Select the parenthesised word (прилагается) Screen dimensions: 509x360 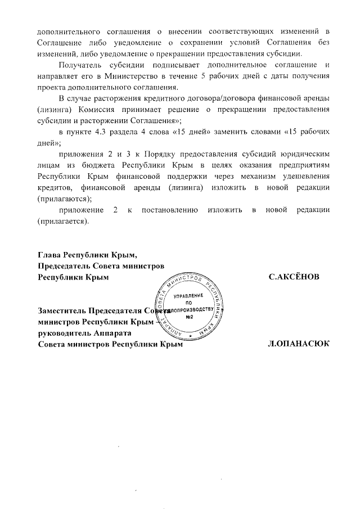[x=63, y=220]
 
